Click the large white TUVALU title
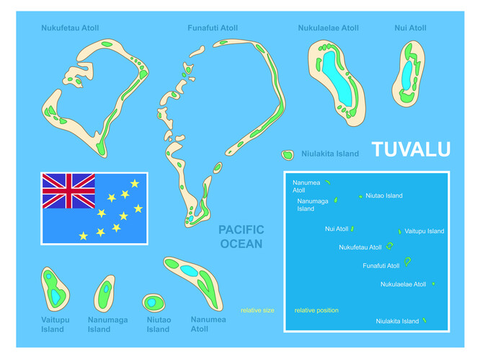411,149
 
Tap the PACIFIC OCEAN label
241,237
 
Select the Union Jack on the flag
68,190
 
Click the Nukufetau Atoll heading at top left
70,28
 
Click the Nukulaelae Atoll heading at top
328,28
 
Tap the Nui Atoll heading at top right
410,28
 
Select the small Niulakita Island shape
288,154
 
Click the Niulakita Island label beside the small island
330,154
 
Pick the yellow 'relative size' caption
257,310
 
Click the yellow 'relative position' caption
316,310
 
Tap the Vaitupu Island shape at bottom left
55,289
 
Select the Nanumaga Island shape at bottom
105,294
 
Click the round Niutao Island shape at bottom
154,302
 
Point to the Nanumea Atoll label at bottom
208,323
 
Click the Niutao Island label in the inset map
384,196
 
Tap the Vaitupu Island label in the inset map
425,232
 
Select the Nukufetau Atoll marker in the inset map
390,246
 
